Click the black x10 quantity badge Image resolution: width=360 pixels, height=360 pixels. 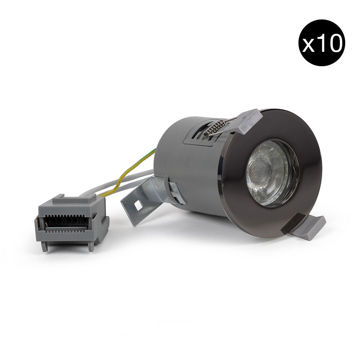[x=321, y=43]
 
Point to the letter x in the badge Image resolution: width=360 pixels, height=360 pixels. [x=309, y=45]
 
